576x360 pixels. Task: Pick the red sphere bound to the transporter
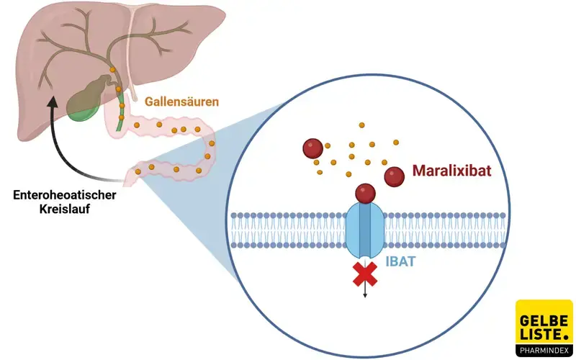(366, 192)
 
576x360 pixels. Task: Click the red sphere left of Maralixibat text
(394, 176)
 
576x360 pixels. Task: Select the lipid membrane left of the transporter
(288, 230)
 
